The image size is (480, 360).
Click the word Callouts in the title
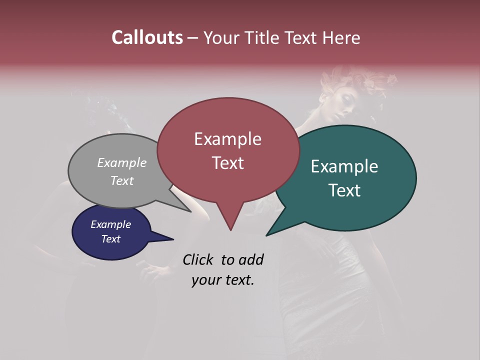pyautogui.click(x=147, y=37)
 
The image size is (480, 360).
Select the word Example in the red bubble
pyautogui.click(x=227, y=139)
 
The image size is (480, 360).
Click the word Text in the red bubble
pyautogui.click(x=227, y=163)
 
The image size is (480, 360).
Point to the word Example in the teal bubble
pyautogui.click(x=344, y=166)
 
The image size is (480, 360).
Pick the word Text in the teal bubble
pyautogui.click(x=344, y=190)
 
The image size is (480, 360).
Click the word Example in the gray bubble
pyautogui.click(x=122, y=162)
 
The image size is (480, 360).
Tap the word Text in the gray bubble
pyautogui.click(x=122, y=180)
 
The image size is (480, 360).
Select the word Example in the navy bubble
pyautogui.click(x=110, y=224)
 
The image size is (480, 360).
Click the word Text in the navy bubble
pyautogui.click(x=110, y=239)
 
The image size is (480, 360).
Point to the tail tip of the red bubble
pyautogui.click(x=230, y=230)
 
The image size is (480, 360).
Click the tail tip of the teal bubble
pyautogui.click(x=266, y=235)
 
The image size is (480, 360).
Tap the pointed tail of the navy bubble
pyautogui.click(x=172, y=239)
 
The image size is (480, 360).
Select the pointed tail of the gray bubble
pyautogui.click(x=190, y=211)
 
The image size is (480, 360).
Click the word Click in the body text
pyautogui.click(x=197, y=259)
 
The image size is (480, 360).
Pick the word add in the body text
pyautogui.click(x=250, y=259)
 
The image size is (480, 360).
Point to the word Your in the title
pyautogui.click(x=220, y=37)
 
